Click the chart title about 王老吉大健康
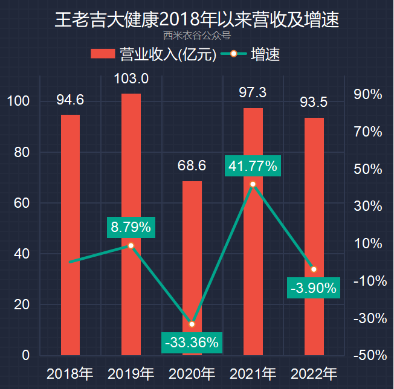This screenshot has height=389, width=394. [x=196, y=20]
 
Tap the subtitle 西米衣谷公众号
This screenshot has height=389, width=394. [x=196, y=36]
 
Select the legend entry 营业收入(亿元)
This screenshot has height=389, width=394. [x=153, y=54]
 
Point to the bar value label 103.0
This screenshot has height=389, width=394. [x=131, y=79]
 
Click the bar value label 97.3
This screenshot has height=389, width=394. [x=253, y=92]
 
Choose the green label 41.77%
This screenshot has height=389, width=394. [x=253, y=166]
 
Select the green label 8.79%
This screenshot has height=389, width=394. [x=131, y=227]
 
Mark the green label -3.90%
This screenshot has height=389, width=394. [x=313, y=288]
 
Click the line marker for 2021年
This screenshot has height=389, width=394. [x=253, y=184]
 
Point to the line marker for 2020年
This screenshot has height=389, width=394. [x=192, y=324]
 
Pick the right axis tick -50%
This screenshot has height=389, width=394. [x=367, y=355]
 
